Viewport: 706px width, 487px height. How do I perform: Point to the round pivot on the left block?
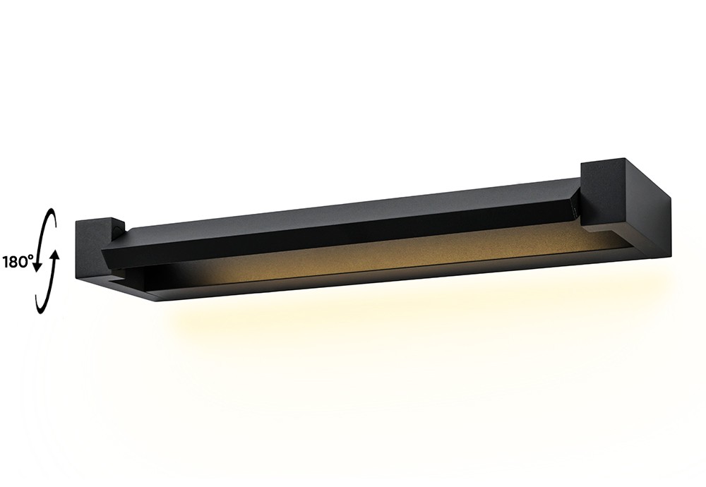tap(121, 227)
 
